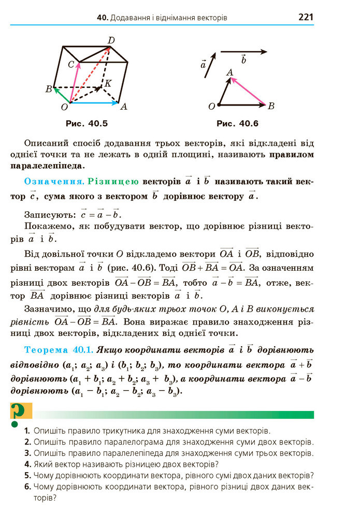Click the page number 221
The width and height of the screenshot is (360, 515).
coord(306,17)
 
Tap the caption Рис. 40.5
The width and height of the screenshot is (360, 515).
coord(87,124)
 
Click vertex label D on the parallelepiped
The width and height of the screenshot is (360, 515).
coord(111,40)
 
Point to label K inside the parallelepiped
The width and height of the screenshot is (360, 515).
coord(108,83)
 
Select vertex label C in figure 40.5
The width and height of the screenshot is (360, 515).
coord(72,64)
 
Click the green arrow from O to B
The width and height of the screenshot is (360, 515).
coord(62,96)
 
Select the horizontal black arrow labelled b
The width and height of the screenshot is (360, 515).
coord(243,51)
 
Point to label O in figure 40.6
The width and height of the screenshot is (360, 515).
coord(211,107)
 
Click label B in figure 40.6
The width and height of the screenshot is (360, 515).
coord(271,106)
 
